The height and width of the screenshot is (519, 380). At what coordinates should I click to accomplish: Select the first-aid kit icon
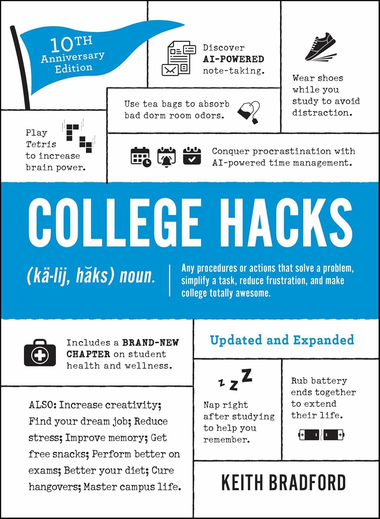click(x=40, y=353)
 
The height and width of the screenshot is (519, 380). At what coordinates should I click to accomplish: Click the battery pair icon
click(x=321, y=434)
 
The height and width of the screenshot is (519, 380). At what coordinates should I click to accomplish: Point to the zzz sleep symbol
click(x=236, y=380)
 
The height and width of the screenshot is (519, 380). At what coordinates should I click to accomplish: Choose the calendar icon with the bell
click(x=166, y=157)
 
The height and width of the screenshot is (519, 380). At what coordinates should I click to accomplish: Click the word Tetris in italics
click(x=41, y=144)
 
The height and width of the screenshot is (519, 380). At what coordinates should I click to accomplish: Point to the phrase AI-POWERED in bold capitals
click(x=233, y=59)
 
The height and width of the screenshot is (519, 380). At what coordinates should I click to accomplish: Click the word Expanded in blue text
click(x=324, y=340)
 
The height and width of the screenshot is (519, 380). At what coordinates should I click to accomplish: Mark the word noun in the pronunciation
click(x=137, y=276)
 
